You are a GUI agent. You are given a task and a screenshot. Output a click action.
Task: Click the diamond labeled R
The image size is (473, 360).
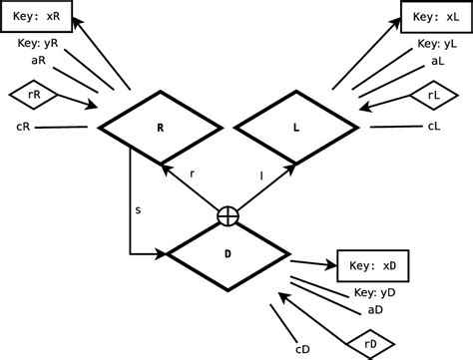160,128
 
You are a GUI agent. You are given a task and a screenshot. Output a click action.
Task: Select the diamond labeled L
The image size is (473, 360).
295,128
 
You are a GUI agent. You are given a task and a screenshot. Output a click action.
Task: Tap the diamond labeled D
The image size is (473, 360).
228,253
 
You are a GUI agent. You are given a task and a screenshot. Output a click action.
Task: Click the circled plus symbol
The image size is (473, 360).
229,214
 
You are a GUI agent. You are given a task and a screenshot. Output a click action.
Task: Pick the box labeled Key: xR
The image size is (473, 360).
41,17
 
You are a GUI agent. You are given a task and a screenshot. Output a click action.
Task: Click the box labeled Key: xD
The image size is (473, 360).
373,266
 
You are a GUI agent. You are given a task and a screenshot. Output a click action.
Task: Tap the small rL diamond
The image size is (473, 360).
432,95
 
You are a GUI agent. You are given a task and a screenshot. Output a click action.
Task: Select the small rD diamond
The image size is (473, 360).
371,345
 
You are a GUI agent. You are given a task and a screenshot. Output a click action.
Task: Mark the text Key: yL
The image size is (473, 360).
437,44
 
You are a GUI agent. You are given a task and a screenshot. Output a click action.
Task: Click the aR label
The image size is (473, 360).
39,61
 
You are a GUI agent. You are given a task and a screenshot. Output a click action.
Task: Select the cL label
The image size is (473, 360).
434,126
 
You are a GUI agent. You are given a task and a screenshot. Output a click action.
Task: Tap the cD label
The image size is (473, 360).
301,349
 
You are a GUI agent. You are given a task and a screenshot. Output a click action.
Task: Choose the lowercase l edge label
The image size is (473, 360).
261,174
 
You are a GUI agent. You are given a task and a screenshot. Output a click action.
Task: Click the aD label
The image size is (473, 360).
376,310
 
